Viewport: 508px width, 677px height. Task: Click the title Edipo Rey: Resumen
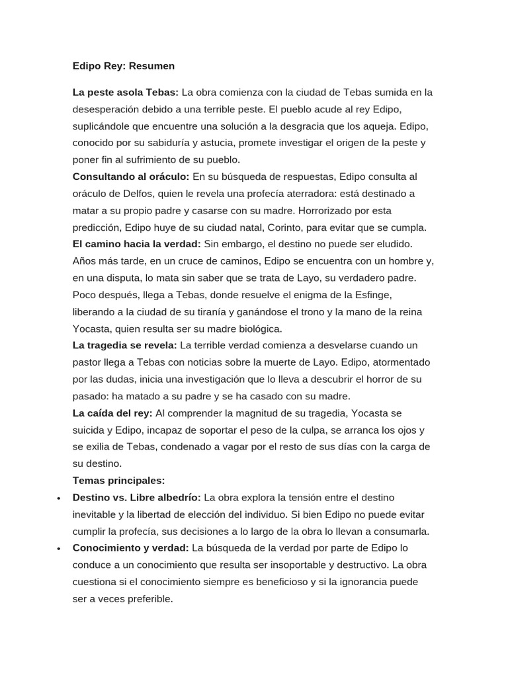124,66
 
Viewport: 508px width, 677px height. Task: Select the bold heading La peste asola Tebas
125,92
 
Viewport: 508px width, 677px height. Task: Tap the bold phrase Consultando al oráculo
131,177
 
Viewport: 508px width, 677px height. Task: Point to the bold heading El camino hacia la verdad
136,244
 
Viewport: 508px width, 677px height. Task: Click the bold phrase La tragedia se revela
124,345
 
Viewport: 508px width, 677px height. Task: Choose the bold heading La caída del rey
112,413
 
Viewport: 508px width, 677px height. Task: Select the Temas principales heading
118,480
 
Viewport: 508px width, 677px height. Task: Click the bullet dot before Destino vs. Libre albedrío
60,498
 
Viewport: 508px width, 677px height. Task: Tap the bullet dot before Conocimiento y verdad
60,549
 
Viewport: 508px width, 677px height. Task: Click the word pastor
88,362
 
